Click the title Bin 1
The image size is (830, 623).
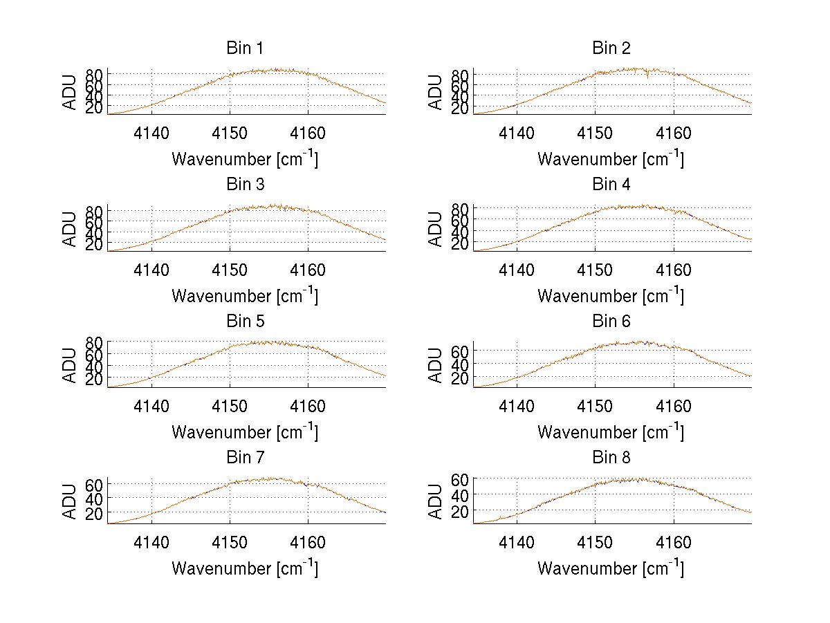[x=245, y=48]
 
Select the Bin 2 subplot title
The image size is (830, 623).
[x=611, y=48]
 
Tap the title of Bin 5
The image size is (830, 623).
[x=245, y=321]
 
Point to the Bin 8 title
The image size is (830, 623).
[x=611, y=457]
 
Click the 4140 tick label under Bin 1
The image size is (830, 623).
[x=151, y=133]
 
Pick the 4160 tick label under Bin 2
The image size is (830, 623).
[x=673, y=133]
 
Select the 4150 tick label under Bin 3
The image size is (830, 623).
[x=230, y=270]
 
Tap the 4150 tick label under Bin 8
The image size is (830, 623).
[x=595, y=543]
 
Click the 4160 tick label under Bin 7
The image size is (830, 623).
[x=308, y=543]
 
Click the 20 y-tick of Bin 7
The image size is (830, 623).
[x=95, y=513]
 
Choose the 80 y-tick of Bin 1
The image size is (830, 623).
[x=95, y=74]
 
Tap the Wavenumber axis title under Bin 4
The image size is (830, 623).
[x=611, y=295]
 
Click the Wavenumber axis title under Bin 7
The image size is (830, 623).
[x=245, y=568]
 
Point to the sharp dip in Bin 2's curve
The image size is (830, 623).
[x=647, y=76]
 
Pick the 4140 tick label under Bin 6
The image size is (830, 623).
[x=517, y=407]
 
